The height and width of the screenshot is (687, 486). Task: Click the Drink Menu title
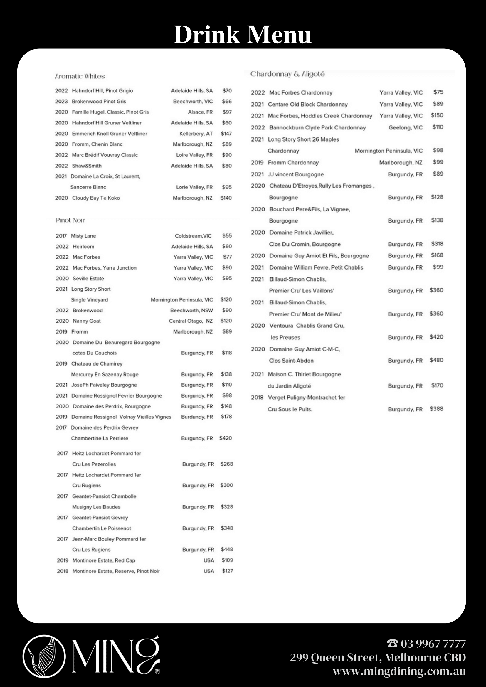pyautogui.click(x=242, y=35)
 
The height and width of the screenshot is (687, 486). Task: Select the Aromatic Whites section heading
pyautogui.click(x=80, y=76)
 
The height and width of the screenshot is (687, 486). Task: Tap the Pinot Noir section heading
pyautogui.click(x=70, y=220)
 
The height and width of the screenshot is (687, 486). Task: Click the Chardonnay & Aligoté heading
pyautogui.click(x=287, y=74)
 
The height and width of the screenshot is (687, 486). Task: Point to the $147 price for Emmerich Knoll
pyautogui.click(x=226, y=134)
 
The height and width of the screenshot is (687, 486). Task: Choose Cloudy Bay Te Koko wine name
pyautogui.click(x=96, y=198)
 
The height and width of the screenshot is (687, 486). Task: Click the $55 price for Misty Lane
pyautogui.click(x=227, y=235)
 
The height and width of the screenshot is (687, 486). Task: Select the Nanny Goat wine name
pyautogui.click(x=87, y=321)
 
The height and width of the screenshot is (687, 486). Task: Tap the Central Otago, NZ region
pyautogui.click(x=191, y=321)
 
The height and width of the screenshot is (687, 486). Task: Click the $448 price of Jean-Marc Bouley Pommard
pyautogui.click(x=227, y=549)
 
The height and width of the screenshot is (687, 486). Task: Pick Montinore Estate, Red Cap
pyautogui.click(x=104, y=560)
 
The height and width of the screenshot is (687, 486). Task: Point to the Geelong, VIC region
pyautogui.click(x=406, y=127)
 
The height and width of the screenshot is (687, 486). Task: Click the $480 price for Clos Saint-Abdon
pyautogui.click(x=436, y=360)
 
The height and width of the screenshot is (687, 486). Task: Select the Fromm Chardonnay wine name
pyautogui.click(x=293, y=162)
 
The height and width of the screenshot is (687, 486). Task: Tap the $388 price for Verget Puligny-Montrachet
pyautogui.click(x=436, y=409)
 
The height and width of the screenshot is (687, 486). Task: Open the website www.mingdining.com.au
pyautogui.click(x=399, y=671)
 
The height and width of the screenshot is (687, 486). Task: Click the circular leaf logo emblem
pyautogui.click(x=44, y=656)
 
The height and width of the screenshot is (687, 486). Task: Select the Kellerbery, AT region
pyautogui.click(x=196, y=134)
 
